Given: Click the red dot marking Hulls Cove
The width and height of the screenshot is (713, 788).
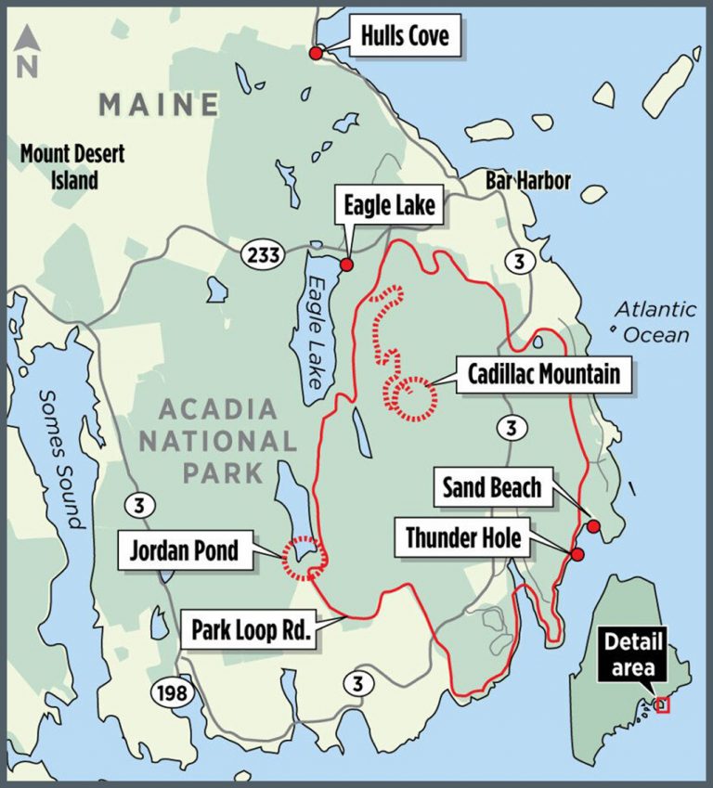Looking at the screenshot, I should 316,54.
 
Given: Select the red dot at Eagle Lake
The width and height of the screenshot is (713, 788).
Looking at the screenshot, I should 346,265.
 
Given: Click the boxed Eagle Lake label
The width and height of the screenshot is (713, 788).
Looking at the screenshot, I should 389,205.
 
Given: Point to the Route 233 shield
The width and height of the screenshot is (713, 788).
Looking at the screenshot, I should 264,255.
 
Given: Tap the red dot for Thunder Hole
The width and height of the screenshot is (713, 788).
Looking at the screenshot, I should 577,555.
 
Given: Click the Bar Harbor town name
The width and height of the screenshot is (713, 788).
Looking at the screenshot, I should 527,180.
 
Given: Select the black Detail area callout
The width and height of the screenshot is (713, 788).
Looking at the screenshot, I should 635,654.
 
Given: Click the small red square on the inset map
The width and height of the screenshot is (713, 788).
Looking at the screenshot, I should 662,705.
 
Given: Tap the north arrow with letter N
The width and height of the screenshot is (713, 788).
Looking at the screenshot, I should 28,53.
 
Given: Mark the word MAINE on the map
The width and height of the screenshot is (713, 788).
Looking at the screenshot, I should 158,104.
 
